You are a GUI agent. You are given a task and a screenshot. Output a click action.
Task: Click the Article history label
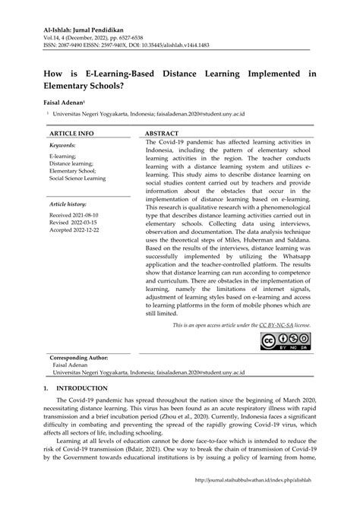tap(68, 205)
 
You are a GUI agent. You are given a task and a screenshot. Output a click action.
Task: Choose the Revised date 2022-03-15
tap(73, 224)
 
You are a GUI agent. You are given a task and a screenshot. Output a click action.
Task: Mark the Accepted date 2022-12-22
tap(74, 232)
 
